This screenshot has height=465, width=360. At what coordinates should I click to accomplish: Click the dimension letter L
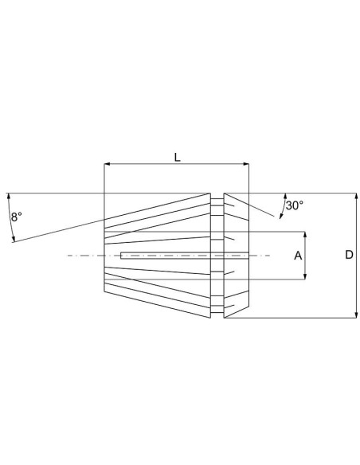[x=177, y=158]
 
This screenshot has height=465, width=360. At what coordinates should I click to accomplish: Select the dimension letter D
[x=348, y=255]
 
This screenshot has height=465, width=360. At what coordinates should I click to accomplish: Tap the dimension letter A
[x=297, y=256]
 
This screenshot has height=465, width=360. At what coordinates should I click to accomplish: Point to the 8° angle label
[x=17, y=216]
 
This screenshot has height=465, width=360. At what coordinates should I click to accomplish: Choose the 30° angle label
[x=294, y=205]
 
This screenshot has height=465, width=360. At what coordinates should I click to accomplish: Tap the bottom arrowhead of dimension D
[x=354, y=315]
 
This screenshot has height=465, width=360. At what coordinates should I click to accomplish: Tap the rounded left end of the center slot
[x=120, y=256]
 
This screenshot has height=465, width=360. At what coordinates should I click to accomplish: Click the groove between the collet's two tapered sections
[x=217, y=256]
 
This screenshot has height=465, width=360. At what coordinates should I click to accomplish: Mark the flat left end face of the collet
[x=104, y=256]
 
